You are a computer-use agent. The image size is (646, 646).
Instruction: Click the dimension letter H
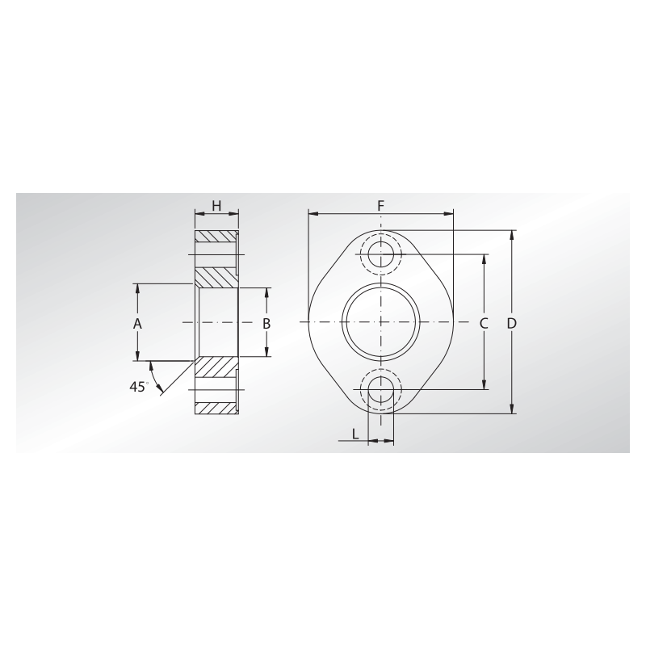[x=216, y=205]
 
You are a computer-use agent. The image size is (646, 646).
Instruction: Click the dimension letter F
[x=381, y=205]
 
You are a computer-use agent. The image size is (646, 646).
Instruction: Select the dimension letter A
[x=137, y=324]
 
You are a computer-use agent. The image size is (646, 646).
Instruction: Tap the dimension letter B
[x=266, y=324]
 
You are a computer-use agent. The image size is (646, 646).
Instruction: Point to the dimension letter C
[x=484, y=324]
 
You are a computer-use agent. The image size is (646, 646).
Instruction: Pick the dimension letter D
[x=511, y=324]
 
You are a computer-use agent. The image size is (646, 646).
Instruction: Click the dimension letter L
[x=355, y=434]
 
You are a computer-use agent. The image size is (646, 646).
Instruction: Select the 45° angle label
[x=139, y=387]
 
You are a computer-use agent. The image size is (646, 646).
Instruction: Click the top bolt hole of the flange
[x=381, y=254]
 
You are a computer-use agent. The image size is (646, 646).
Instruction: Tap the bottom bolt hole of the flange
[x=381, y=389]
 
